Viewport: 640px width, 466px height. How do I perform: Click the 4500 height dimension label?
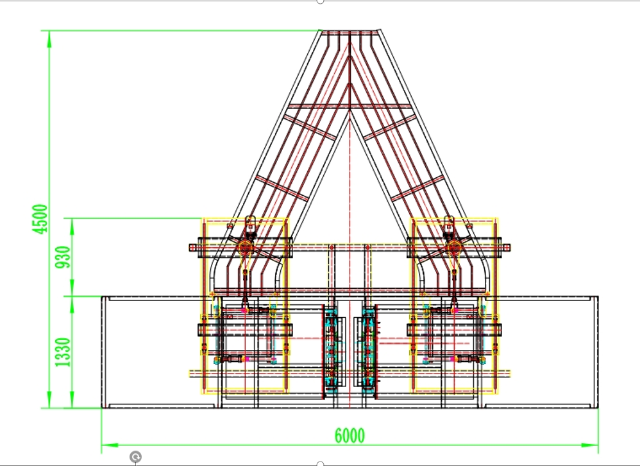click(x=40, y=219)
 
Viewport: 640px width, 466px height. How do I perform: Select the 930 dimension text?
click(x=63, y=257)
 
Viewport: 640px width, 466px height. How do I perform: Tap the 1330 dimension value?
click(x=63, y=352)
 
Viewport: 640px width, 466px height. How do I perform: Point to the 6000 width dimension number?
click(x=349, y=436)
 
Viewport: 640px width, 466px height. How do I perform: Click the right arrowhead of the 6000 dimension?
click(x=590, y=445)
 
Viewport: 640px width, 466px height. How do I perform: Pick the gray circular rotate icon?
click(x=135, y=456)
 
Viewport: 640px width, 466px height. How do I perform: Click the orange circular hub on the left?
click(x=246, y=247)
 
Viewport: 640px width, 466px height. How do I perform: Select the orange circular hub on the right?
click(x=454, y=247)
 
